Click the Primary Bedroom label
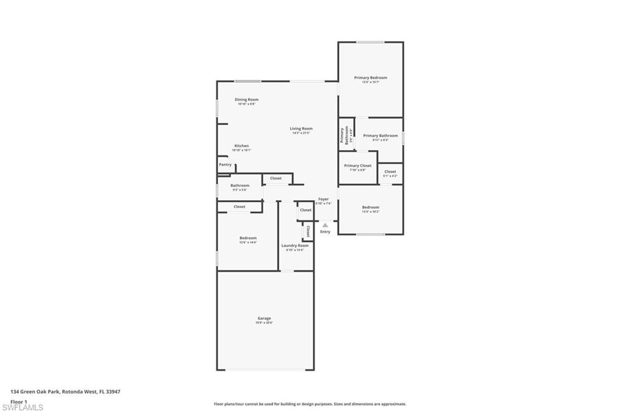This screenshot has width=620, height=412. click(x=371, y=77)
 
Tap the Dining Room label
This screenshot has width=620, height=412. click(x=246, y=100)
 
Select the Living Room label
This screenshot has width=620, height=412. click(x=301, y=129)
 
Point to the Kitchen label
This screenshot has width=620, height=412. click(x=242, y=146)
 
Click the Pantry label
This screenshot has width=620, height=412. click(x=225, y=165)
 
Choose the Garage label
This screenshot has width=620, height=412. click(x=264, y=318)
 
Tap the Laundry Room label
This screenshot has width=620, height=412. click(x=295, y=246)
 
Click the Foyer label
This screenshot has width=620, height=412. click(x=324, y=199)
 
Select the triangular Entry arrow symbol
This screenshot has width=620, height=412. click(x=325, y=224)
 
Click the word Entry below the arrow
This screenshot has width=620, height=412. click(x=325, y=232)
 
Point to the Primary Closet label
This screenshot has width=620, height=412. click(x=358, y=166)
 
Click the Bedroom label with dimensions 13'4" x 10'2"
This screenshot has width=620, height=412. click(x=371, y=208)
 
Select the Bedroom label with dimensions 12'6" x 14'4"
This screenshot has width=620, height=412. click(x=248, y=238)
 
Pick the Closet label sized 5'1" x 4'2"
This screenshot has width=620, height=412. click(x=391, y=172)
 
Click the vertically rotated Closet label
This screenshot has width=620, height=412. click(x=308, y=231)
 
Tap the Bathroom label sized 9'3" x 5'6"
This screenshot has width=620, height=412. click(x=240, y=186)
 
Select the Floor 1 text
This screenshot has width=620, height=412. click(x=19, y=401)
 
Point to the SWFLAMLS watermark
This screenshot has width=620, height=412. click(x=22, y=407)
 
